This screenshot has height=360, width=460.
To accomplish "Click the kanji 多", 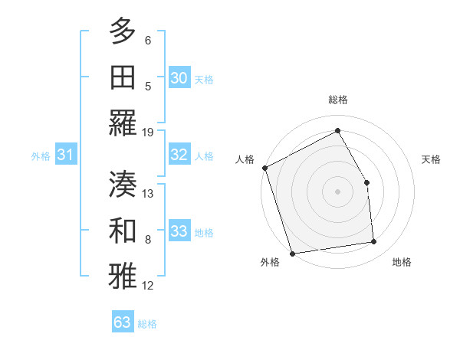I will (x=123, y=33).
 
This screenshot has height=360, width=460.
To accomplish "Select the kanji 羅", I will (x=123, y=124).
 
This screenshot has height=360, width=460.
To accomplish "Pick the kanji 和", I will (x=123, y=231).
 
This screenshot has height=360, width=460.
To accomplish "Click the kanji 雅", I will (x=123, y=277).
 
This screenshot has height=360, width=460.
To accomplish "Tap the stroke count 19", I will (x=148, y=132).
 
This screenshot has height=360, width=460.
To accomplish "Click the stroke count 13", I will (x=148, y=194).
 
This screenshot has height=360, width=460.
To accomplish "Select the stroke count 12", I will (x=148, y=286).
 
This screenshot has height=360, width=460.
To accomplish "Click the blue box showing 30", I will (x=179, y=77).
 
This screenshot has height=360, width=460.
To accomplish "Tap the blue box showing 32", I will (x=179, y=155).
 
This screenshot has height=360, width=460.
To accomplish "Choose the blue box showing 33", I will (x=179, y=231).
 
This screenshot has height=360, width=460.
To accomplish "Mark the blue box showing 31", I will (x=66, y=155).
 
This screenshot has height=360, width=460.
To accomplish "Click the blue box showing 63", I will (x=122, y=322).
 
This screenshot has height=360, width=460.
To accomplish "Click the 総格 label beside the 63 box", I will (x=147, y=324).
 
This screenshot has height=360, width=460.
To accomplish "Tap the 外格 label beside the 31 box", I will (x=41, y=156).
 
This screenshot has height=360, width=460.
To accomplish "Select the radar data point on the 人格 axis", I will (x=264, y=168).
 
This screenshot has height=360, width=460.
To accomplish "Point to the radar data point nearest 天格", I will (x=366, y=182).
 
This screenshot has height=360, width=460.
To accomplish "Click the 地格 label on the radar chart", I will (x=402, y=262).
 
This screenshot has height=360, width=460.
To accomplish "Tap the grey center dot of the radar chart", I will (x=337, y=191).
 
